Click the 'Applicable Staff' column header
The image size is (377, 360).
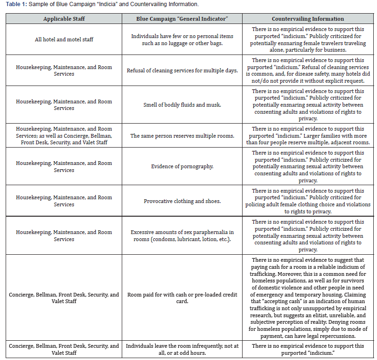[64, 19]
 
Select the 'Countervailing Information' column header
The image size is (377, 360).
[307, 19]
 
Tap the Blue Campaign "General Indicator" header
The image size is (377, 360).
[182, 19]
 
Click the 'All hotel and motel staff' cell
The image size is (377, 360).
[64, 39]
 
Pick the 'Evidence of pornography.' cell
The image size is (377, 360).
[182, 166]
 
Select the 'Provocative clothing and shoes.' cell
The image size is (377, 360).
[182, 201]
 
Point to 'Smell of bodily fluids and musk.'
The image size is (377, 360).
[182, 105]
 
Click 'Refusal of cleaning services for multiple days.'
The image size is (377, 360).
[182, 70]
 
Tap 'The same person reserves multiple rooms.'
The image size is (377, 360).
[182, 136]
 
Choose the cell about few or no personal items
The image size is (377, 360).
[182, 39]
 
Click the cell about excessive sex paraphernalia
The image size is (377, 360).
[182, 235]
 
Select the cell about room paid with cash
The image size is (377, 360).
[182, 298]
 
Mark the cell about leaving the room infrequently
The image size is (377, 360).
[182, 349]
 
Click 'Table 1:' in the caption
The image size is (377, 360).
[16, 4]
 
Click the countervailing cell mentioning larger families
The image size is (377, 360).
[307, 136]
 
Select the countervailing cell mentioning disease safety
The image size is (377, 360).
[307, 70]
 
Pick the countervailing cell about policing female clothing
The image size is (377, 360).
[307, 201]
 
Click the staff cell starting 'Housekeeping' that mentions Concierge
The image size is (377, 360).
[64, 136]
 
